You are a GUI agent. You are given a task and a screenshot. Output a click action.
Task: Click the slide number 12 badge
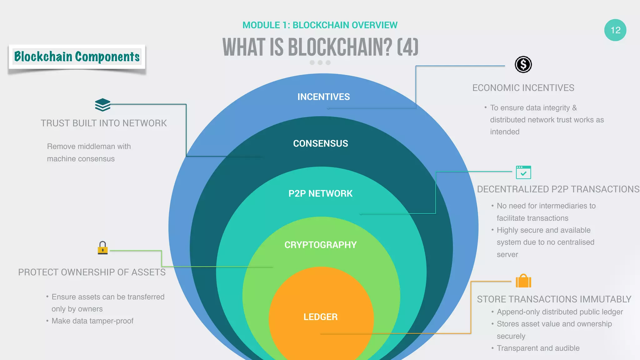point(615,30)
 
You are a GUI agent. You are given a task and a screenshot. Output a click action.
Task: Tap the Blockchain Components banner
point(77,57)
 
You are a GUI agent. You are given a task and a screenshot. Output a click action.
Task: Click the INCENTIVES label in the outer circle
point(323,97)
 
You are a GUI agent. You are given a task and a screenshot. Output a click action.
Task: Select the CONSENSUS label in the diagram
point(320,143)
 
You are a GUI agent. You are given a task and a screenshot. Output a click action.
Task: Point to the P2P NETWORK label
point(320,193)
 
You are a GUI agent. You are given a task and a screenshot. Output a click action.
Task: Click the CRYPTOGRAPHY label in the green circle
point(320,245)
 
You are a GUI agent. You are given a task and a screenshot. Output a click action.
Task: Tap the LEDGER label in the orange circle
point(320,317)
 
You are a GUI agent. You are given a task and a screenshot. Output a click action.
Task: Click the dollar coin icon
point(523,65)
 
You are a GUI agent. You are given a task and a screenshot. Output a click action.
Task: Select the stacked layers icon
point(102,105)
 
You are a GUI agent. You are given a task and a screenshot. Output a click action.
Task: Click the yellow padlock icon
point(102,248)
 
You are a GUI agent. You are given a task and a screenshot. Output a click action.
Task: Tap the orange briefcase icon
point(523,281)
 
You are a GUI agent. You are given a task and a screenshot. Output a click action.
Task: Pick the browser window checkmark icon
point(523,172)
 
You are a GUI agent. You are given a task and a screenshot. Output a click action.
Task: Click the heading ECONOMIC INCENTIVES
point(523,88)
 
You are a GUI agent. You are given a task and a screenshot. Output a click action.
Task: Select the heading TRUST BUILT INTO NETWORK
point(104,123)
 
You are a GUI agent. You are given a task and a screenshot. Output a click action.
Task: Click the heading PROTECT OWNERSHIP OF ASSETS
point(92,272)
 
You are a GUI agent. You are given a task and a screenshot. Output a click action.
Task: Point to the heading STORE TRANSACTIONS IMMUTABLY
point(554,299)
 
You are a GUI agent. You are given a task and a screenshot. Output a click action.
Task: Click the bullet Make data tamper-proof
point(92,321)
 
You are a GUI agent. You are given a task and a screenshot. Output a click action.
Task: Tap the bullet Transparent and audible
point(538,348)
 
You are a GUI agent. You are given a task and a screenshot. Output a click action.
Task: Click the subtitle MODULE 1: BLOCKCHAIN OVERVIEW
point(320,25)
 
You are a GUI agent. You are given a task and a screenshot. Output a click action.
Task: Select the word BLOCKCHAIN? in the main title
point(340,47)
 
